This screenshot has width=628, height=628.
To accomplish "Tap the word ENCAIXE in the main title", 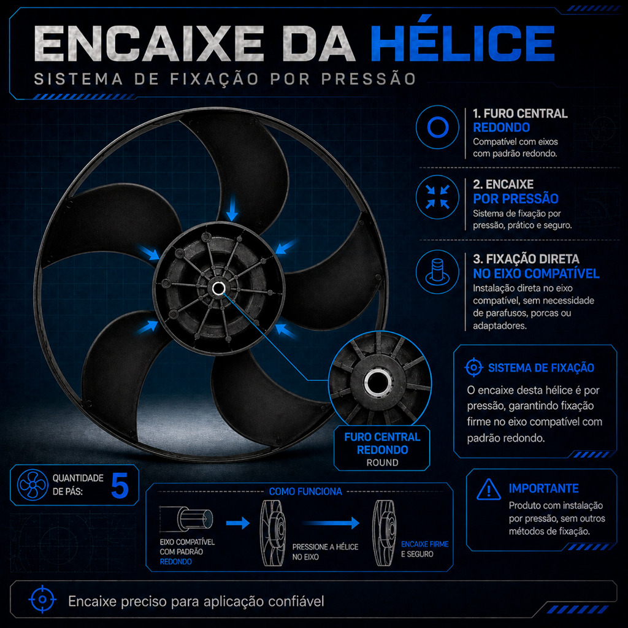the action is click(x=149, y=44).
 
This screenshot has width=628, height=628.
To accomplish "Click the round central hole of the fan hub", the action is click(x=218, y=288).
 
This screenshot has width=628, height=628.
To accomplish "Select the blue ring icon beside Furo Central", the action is click(x=437, y=128).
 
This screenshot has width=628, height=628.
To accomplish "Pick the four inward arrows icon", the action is click(x=437, y=197).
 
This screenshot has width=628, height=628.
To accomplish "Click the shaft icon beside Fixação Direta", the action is click(x=437, y=272).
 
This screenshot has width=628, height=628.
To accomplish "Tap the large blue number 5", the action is click(x=120, y=486).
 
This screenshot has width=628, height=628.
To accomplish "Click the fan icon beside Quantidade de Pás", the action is click(x=33, y=485).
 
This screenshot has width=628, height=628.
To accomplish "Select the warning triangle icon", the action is click(x=489, y=489).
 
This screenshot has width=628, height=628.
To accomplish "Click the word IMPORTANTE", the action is click(x=543, y=489).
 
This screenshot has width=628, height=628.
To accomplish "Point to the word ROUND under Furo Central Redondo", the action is click(x=382, y=462).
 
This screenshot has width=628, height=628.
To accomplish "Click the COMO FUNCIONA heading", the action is click(x=305, y=491).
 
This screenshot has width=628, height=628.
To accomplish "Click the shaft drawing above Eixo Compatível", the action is click(x=186, y=519).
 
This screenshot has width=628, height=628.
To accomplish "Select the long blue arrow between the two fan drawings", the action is click(x=331, y=523).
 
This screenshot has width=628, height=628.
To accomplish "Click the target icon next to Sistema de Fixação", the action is click(x=474, y=367).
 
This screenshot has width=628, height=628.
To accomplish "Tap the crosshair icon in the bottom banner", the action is click(x=42, y=600).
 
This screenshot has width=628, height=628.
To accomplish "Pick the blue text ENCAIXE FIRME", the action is click(x=424, y=545).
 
